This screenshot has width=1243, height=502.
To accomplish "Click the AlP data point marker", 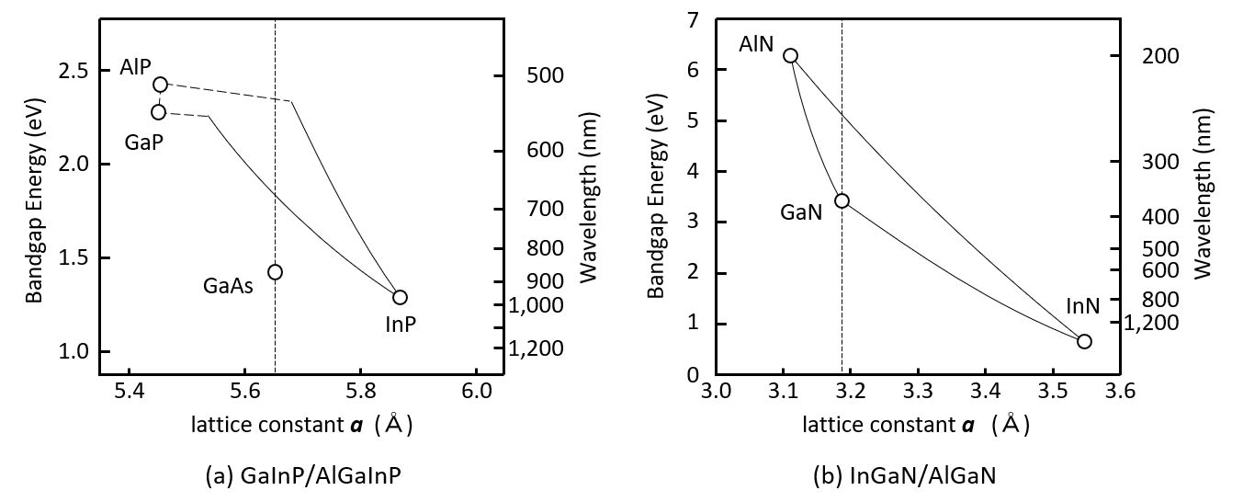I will [160, 85].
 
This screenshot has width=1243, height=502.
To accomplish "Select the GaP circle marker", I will [158, 112].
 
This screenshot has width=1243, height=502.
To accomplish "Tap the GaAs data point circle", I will [275, 272].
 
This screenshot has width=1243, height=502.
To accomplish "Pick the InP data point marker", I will [400, 297].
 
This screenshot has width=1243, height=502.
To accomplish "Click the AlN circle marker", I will [790, 56].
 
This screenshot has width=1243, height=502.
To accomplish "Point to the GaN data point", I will [842, 200].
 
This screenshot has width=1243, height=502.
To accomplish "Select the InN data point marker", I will [1084, 341].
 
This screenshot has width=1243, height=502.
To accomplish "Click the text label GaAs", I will [229, 285].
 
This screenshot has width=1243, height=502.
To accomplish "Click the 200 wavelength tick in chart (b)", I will [1156, 57].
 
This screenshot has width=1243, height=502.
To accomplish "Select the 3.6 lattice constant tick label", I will [1121, 393].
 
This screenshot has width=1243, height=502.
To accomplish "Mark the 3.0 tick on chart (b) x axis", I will [716, 393].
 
